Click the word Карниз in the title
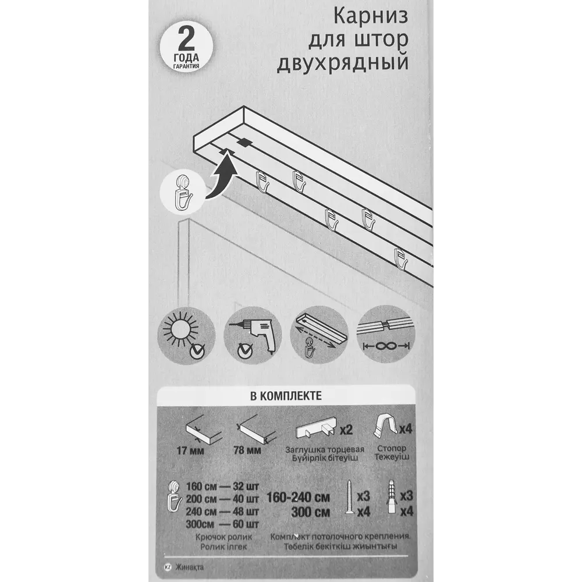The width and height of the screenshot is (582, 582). (371, 17)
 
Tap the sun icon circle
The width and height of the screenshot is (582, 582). (186, 335)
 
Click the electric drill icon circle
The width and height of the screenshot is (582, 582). (253, 335)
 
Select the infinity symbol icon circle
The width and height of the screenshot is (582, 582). (386, 335)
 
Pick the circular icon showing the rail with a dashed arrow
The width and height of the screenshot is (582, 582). (319, 335)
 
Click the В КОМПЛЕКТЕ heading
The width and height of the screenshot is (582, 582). (286, 396)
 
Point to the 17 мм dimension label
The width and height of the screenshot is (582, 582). (191, 450)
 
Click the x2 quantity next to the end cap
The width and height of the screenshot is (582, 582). (346, 430)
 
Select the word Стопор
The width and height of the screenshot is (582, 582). (392, 449)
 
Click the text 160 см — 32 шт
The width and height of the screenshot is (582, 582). (222, 487)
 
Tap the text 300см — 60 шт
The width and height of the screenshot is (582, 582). (222, 524)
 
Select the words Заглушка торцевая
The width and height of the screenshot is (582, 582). (325, 449)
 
